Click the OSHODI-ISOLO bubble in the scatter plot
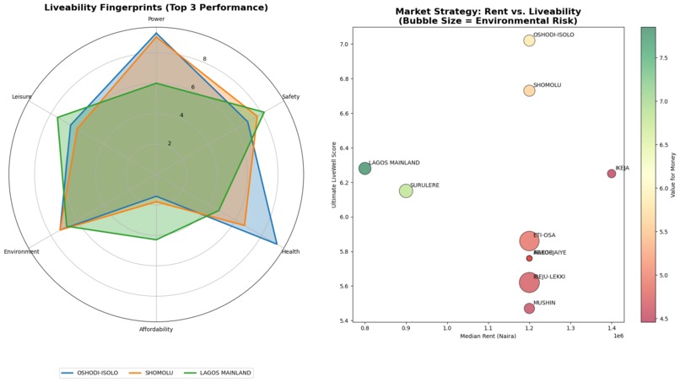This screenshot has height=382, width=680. (529, 40)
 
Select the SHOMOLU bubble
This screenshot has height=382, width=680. (529, 90)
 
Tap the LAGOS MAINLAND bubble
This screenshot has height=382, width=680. (364, 169)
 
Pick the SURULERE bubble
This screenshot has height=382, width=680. (406, 191)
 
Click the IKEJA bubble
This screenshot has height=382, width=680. (612, 174)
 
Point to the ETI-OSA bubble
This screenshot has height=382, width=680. (529, 241)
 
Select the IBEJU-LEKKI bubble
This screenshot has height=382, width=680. (529, 282)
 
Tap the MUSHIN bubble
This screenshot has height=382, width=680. (529, 309)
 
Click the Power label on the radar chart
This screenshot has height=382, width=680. (156, 19)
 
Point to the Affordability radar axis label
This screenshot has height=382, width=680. (156, 329)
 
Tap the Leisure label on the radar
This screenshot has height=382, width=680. (22, 97)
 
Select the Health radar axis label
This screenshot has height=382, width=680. (290, 251)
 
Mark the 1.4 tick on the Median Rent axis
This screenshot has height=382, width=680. (612, 328)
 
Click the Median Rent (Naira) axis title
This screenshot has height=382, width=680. (488, 336)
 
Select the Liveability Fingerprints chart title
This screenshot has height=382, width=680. (156, 8)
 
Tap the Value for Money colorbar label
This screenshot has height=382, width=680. (672, 174)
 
